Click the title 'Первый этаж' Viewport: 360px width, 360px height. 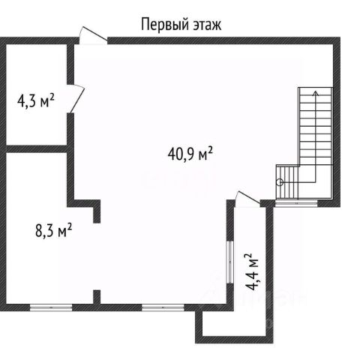click(x=181, y=25)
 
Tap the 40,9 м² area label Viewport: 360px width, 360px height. click(x=190, y=154)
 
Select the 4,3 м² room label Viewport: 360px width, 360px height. click(x=36, y=100)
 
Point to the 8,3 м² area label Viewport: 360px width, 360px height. click(x=54, y=230)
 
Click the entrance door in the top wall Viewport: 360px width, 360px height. click(x=94, y=36)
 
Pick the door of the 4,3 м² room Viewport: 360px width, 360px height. click(x=76, y=98)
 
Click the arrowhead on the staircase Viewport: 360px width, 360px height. click(x=316, y=93)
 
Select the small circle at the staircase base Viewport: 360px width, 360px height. click(x=280, y=182)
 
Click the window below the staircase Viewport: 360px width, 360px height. click(x=296, y=203)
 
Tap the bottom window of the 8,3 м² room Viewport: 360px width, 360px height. click(x=51, y=307)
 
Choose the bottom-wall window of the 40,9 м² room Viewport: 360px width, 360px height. click(x=163, y=307)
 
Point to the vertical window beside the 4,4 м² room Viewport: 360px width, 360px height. click(x=230, y=262)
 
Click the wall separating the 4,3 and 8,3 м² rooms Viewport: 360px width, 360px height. click(x=37, y=148)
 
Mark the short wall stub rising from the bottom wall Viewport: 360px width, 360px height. click(x=97, y=297)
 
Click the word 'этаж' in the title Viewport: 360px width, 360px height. click(x=207, y=25)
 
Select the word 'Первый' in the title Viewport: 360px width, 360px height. click(x=164, y=25)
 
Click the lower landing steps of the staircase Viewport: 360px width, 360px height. click(x=287, y=181)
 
